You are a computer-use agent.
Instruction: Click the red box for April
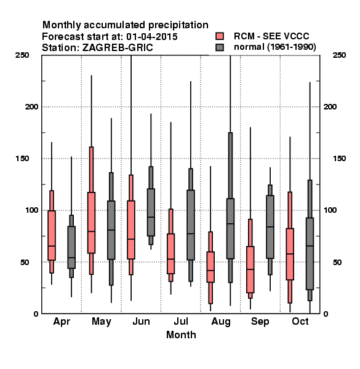[x=52, y=236]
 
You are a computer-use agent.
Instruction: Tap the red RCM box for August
[x=210, y=267]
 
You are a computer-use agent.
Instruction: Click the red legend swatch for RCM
[x=220, y=36]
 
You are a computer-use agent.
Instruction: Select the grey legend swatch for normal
[x=220, y=47]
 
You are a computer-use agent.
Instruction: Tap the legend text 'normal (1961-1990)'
[x=274, y=47]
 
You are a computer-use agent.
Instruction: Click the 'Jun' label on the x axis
[x=141, y=321]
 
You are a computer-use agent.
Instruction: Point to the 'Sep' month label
[x=260, y=322]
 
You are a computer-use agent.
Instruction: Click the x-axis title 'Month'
[x=181, y=335]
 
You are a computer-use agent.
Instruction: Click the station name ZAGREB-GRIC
[x=118, y=48]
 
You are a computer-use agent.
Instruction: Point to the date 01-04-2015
[x=152, y=37]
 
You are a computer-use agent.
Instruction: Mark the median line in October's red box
[x=290, y=254]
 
